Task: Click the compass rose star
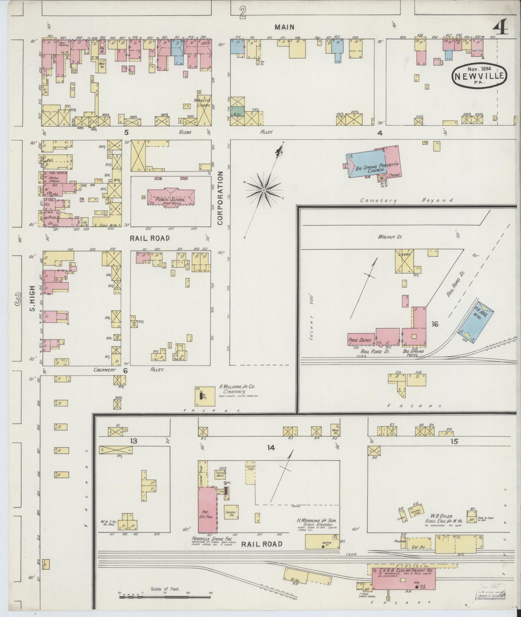(264, 190)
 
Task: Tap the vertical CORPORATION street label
(220, 198)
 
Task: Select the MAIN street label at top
(284, 27)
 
